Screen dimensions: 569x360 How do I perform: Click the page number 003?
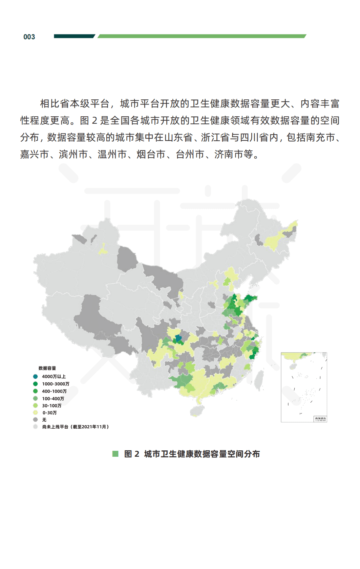29,37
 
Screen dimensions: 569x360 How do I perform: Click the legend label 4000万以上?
54,376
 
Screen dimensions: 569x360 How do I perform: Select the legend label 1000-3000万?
56,384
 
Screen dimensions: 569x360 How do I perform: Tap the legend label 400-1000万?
54,391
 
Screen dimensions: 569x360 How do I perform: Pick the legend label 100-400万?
53,399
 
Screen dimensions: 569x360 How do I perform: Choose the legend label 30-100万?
51,405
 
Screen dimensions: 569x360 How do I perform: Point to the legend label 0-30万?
49,412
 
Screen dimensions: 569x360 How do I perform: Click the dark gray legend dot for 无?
35,420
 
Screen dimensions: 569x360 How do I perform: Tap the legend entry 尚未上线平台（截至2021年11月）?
75,427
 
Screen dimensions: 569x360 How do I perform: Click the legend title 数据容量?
47,368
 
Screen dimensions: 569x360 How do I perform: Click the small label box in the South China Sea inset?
320,419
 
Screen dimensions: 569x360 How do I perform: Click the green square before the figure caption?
115,454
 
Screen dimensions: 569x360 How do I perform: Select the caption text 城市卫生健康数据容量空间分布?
202,454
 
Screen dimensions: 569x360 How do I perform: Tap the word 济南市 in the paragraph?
229,154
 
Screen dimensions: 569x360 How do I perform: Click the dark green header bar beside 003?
74,36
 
